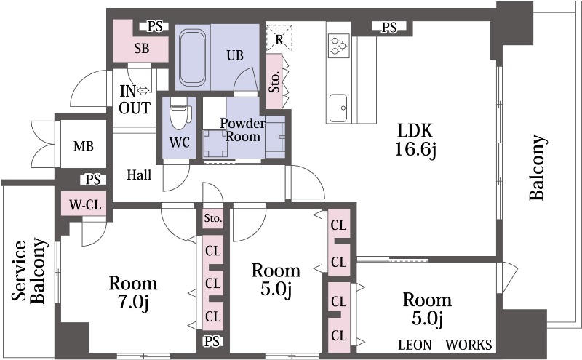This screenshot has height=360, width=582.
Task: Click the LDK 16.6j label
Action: pyautogui.click(x=415, y=140)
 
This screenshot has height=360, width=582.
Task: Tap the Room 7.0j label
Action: pyautogui.click(x=133, y=291)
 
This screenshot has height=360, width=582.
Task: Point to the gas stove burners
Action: pyautogui.click(x=338, y=46)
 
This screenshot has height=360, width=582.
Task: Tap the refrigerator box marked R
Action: pyautogui.click(x=279, y=39)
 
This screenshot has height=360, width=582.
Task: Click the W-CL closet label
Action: pyautogui.click(x=84, y=205)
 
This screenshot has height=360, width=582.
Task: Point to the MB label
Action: pyautogui.click(x=83, y=145)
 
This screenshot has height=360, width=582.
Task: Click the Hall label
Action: pyautogui.click(x=139, y=175)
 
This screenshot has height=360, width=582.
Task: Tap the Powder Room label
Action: pyautogui.click(x=242, y=129)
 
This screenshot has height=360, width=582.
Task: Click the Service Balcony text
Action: pyautogui.click(x=28, y=271)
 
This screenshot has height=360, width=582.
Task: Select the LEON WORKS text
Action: pyautogui.click(x=445, y=344)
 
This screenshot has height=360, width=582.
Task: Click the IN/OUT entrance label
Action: pyautogui.click(x=135, y=100)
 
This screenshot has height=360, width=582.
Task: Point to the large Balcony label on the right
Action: pyautogui.click(x=537, y=168)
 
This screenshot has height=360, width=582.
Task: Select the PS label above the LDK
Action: pyautogui.click(x=389, y=28)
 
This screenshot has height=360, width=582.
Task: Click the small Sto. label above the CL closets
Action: pyautogui.click(x=212, y=217)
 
